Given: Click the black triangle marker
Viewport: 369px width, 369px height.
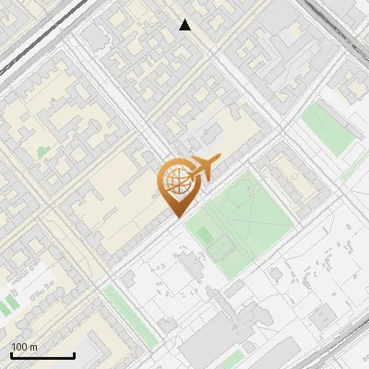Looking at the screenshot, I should point(185,25).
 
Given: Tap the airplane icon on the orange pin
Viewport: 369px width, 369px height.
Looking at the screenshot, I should point(202,168).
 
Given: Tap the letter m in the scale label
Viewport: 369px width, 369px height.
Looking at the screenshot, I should point(34,347).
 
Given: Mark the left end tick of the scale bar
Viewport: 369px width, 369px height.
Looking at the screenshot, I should point(11,355).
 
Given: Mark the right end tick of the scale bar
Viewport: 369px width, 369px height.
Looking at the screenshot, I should point(74,355).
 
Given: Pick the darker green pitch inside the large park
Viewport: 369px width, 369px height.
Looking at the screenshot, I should point(220,245).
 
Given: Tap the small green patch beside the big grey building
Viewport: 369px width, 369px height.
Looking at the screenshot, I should point(234,356).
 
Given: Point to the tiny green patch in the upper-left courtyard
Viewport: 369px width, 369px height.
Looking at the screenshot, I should point(43,150).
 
